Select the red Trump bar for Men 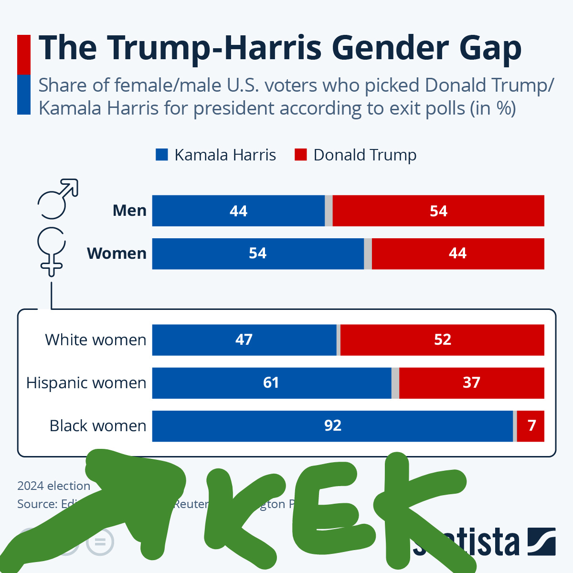tap(438, 211)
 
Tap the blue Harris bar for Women tap(258, 254)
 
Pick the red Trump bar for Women tap(457, 254)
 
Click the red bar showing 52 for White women tap(442, 340)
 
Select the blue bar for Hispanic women tap(271, 383)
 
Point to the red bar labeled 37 tap(471, 383)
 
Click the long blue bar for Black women tap(332, 426)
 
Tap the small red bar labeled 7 tap(531, 426)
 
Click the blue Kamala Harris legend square tap(162, 155)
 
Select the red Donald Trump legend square tap(300, 155)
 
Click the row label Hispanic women tap(86, 383)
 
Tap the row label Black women tap(98, 426)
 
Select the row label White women tap(95, 340)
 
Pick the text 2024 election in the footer tap(53, 486)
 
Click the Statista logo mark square tap(541, 542)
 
